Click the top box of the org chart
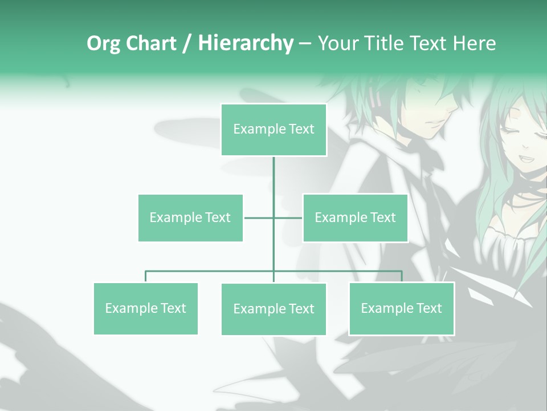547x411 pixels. click(273, 130)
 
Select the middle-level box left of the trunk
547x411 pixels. click(190, 217)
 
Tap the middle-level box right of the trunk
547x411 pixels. click(355, 217)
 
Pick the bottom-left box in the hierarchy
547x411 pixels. click(145, 308)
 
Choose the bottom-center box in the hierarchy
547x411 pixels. click(273, 309)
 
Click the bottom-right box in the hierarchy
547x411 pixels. click(401, 308)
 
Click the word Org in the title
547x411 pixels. click(103, 43)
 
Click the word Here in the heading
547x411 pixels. click(475, 43)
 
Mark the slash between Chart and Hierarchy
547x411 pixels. click(187, 44)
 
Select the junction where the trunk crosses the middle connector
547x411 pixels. click(273, 217)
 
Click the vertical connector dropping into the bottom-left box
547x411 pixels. click(145, 277)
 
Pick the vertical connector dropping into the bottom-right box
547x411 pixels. click(401, 276)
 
